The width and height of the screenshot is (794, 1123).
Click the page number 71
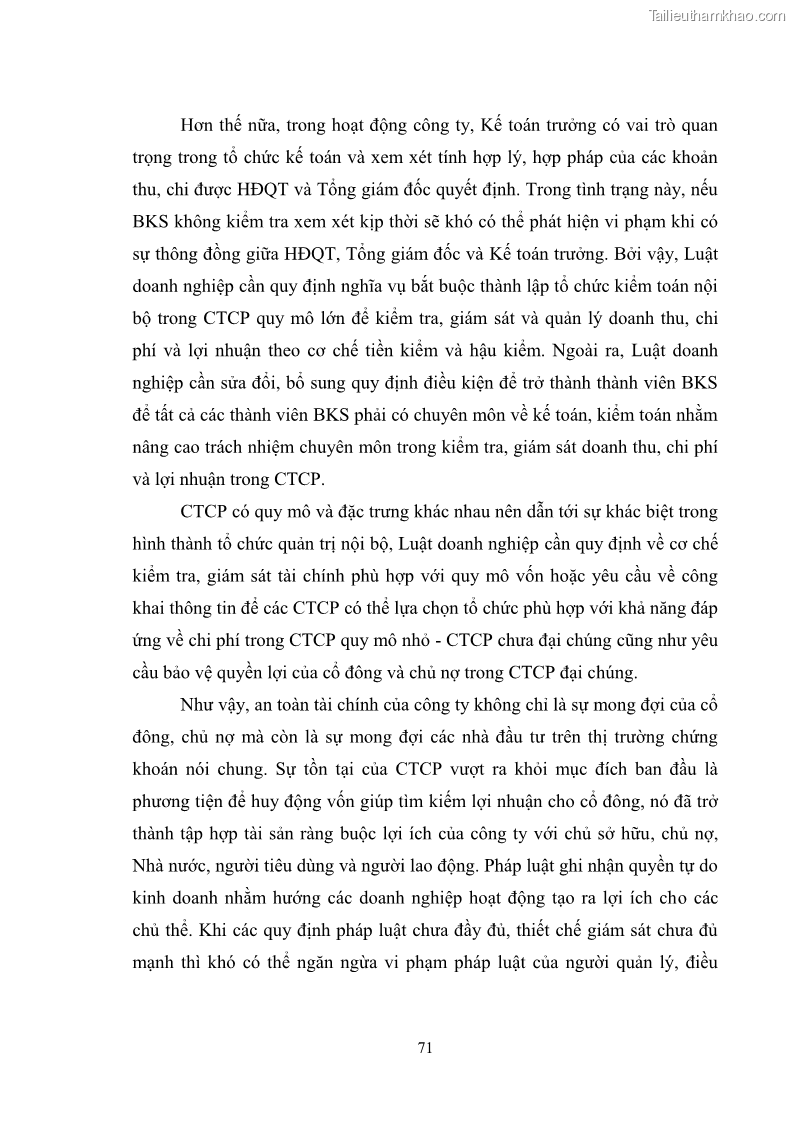(423, 1047)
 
